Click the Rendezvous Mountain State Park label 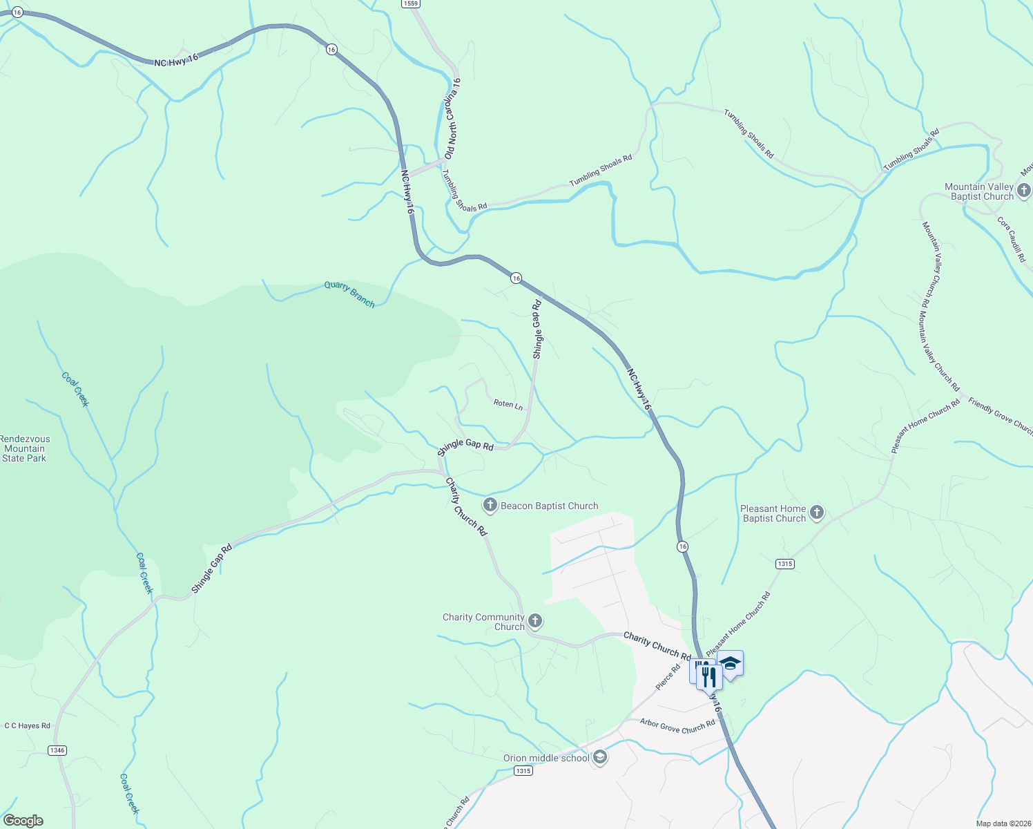tap(25, 448)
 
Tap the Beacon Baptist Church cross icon tap(490, 506)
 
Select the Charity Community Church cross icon tap(534, 620)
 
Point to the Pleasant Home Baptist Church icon tap(817, 513)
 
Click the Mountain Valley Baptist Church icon tap(1023, 190)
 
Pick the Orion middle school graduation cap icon tap(600, 758)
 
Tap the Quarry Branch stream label tap(349, 294)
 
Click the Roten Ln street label tap(508, 404)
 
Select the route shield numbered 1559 tap(411, 3)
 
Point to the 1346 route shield tap(57, 750)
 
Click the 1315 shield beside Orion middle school tap(523, 770)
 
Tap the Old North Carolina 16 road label tap(452, 120)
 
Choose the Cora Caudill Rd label tap(1012, 239)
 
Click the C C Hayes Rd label tap(28, 726)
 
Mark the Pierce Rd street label tap(668, 677)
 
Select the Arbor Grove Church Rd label tap(677, 726)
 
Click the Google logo tap(23, 821)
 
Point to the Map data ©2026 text tap(1002, 823)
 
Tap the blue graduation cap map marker tap(730, 664)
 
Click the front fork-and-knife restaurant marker tap(709, 676)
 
